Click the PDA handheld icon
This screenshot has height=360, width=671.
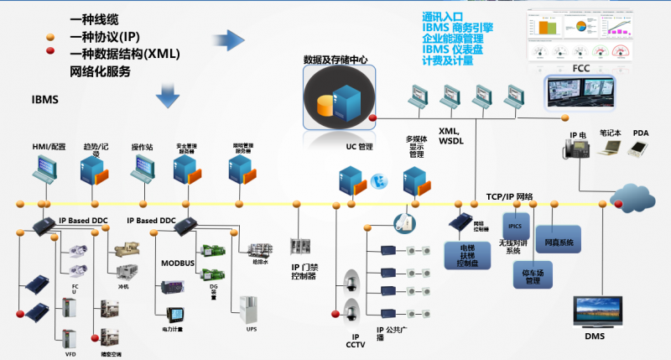(640, 148)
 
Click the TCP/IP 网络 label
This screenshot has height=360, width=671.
(509, 196)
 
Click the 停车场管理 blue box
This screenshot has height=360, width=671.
(532, 274)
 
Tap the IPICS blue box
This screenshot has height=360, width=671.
(514, 227)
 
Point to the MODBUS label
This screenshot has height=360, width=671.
(179, 263)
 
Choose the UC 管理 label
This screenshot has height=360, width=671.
(358, 147)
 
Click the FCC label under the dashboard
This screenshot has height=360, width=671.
(581, 67)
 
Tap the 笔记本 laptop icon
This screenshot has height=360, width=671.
(609, 148)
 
